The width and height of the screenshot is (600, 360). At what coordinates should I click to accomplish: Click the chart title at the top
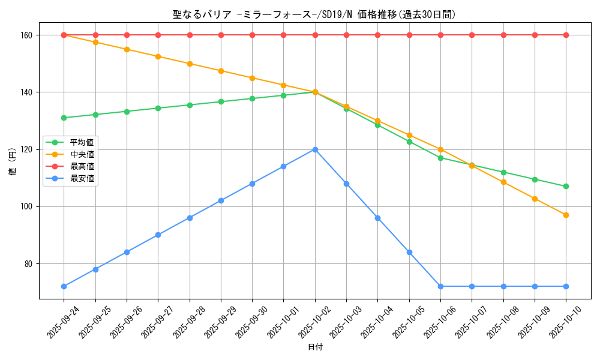coord(318,14)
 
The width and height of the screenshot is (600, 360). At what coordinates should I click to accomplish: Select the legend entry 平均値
coord(82,143)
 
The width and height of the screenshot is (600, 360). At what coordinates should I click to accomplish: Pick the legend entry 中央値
coord(82,154)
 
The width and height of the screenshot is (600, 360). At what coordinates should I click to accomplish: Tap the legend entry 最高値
coord(82,166)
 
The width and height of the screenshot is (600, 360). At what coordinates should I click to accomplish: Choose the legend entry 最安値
coord(82,178)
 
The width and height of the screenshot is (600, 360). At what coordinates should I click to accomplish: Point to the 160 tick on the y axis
coord(26,35)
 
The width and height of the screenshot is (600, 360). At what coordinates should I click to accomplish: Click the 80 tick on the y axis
coord(28,264)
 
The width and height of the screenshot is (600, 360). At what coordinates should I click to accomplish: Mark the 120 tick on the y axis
coord(26,149)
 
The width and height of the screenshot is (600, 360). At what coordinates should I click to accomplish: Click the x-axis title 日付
coord(315,347)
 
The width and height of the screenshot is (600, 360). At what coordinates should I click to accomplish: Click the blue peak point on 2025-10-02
coord(315,149)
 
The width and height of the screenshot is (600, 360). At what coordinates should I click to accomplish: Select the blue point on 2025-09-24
coord(64,286)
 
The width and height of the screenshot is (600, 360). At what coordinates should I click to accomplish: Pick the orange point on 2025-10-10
coord(566,215)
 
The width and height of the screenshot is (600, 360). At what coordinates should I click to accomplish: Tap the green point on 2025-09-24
coord(64,118)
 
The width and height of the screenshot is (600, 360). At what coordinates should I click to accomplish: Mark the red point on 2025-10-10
coord(566,35)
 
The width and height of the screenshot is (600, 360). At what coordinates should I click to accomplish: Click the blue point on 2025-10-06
coord(440,286)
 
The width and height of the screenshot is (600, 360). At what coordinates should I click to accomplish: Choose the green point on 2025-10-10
coord(566,187)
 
